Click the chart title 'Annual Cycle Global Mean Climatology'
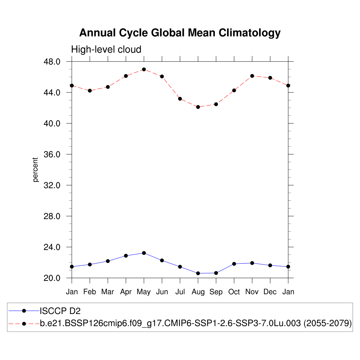click(x=180, y=33)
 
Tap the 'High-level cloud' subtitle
click(x=106, y=50)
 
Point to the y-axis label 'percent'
click(x=35, y=170)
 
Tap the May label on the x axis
click(x=144, y=292)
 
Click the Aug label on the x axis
click(x=198, y=292)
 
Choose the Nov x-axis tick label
click(x=252, y=292)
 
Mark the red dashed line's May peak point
click(x=144, y=69)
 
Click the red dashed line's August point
click(x=198, y=107)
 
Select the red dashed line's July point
click(x=180, y=99)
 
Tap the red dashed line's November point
click(x=252, y=76)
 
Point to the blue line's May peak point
click(x=144, y=253)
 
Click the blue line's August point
click(x=198, y=273)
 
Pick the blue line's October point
click(x=234, y=264)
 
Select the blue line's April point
click(x=126, y=256)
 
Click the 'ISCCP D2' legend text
click(x=60, y=311)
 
